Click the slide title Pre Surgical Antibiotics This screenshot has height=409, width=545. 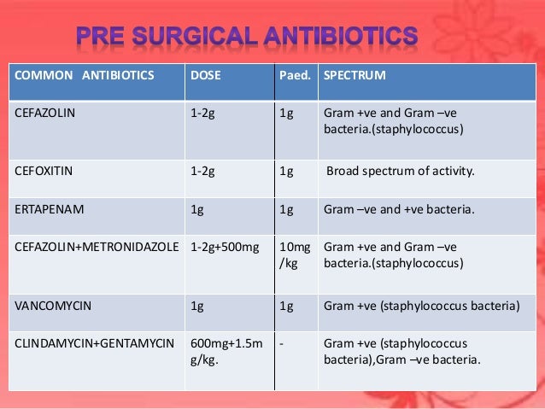pyautogui.click(x=246, y=37)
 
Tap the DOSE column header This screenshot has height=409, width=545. pyautogui.click(x=205, y=75)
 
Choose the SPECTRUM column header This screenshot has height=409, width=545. pyautogui.click(x=355, y=75)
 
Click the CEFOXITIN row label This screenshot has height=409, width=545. pyautogui.click(x=44, y=170)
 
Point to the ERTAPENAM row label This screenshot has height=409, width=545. pyautogui.click(x=44, y=208)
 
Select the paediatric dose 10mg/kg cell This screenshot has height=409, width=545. pyautogui.click(x=292, y=255)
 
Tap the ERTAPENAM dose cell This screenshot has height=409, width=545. pyautogui.click(x=198, y=208)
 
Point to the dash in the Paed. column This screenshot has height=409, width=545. pyautogui.click(x=282, y=343)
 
